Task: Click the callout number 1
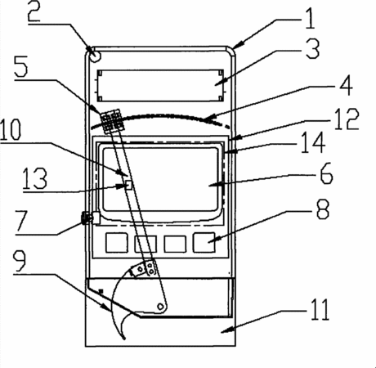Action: click(310, 18)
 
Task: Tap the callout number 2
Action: click(34, 11)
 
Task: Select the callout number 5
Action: click(21, 67)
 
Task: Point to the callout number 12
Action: click(347, 119)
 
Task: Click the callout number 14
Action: click(313, 142)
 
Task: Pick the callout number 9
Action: click(20, 261)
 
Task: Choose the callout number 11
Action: click(320, 309)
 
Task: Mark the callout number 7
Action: click(22, 221)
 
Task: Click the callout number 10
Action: click(11, 129)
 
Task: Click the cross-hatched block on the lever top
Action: click(111, 121)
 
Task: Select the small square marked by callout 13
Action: click(128, 185)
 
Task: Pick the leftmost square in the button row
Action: click(117, 242)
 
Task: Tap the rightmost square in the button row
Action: click(204, 242)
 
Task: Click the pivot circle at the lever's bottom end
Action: click(160, 306)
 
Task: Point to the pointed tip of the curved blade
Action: click(124, 339)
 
